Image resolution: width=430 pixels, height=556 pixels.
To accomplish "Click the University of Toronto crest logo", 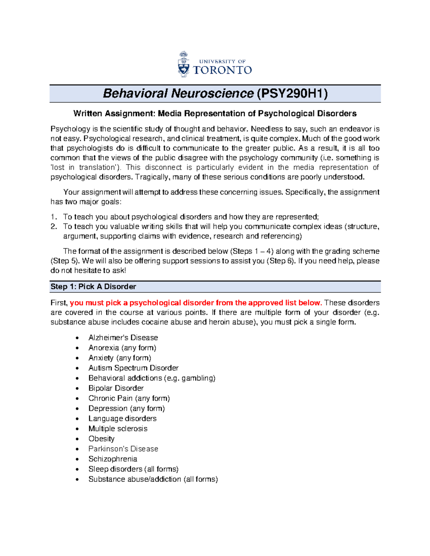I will click(183, 64).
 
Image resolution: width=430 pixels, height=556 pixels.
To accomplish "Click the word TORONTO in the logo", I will click(222, 70).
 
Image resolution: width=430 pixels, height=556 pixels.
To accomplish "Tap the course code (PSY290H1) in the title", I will click(292, 93).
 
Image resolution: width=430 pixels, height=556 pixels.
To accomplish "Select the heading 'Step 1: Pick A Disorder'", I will click(93, 287).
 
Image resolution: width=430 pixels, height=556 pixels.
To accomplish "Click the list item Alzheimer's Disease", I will click(123, 338).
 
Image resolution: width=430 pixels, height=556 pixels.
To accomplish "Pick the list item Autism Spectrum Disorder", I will click(133, 368).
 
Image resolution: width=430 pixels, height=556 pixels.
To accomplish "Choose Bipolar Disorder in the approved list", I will click(116, 388).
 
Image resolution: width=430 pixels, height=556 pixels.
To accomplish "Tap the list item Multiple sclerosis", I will click(118, 429).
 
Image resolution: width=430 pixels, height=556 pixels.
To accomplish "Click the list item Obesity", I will click(101, 439).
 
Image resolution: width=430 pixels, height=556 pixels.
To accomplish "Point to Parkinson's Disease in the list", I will click(123, 449).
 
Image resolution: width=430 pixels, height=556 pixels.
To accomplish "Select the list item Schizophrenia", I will click(113, 459).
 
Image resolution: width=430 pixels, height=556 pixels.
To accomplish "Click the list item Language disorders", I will click(122, 419).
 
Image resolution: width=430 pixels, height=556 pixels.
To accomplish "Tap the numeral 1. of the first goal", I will click(54, 217).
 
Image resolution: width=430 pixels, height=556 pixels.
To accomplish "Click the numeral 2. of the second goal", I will click(54, 227).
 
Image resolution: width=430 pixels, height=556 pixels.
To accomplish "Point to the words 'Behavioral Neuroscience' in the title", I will click(178, 93).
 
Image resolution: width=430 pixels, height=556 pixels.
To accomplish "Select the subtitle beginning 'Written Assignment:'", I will click(215, 114).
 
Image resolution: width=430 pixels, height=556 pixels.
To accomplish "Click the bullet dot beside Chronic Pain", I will click(77, 398).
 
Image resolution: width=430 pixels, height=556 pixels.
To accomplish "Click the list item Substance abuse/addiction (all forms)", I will click(153, 479).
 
